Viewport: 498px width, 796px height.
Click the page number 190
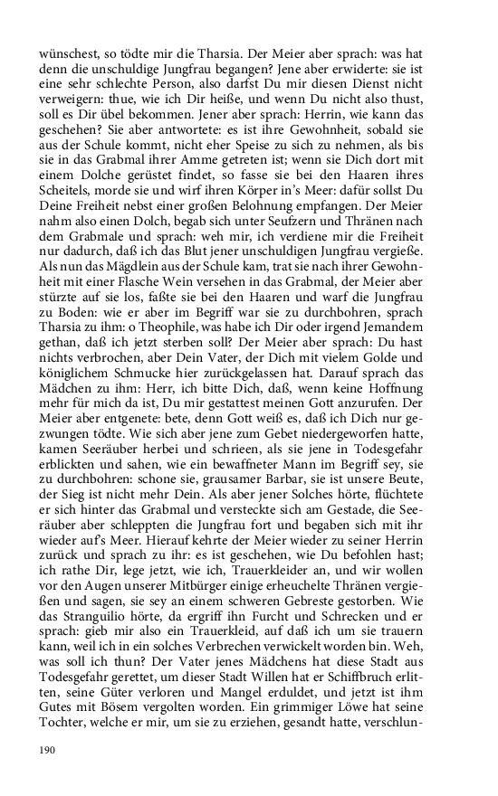[47, 750]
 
